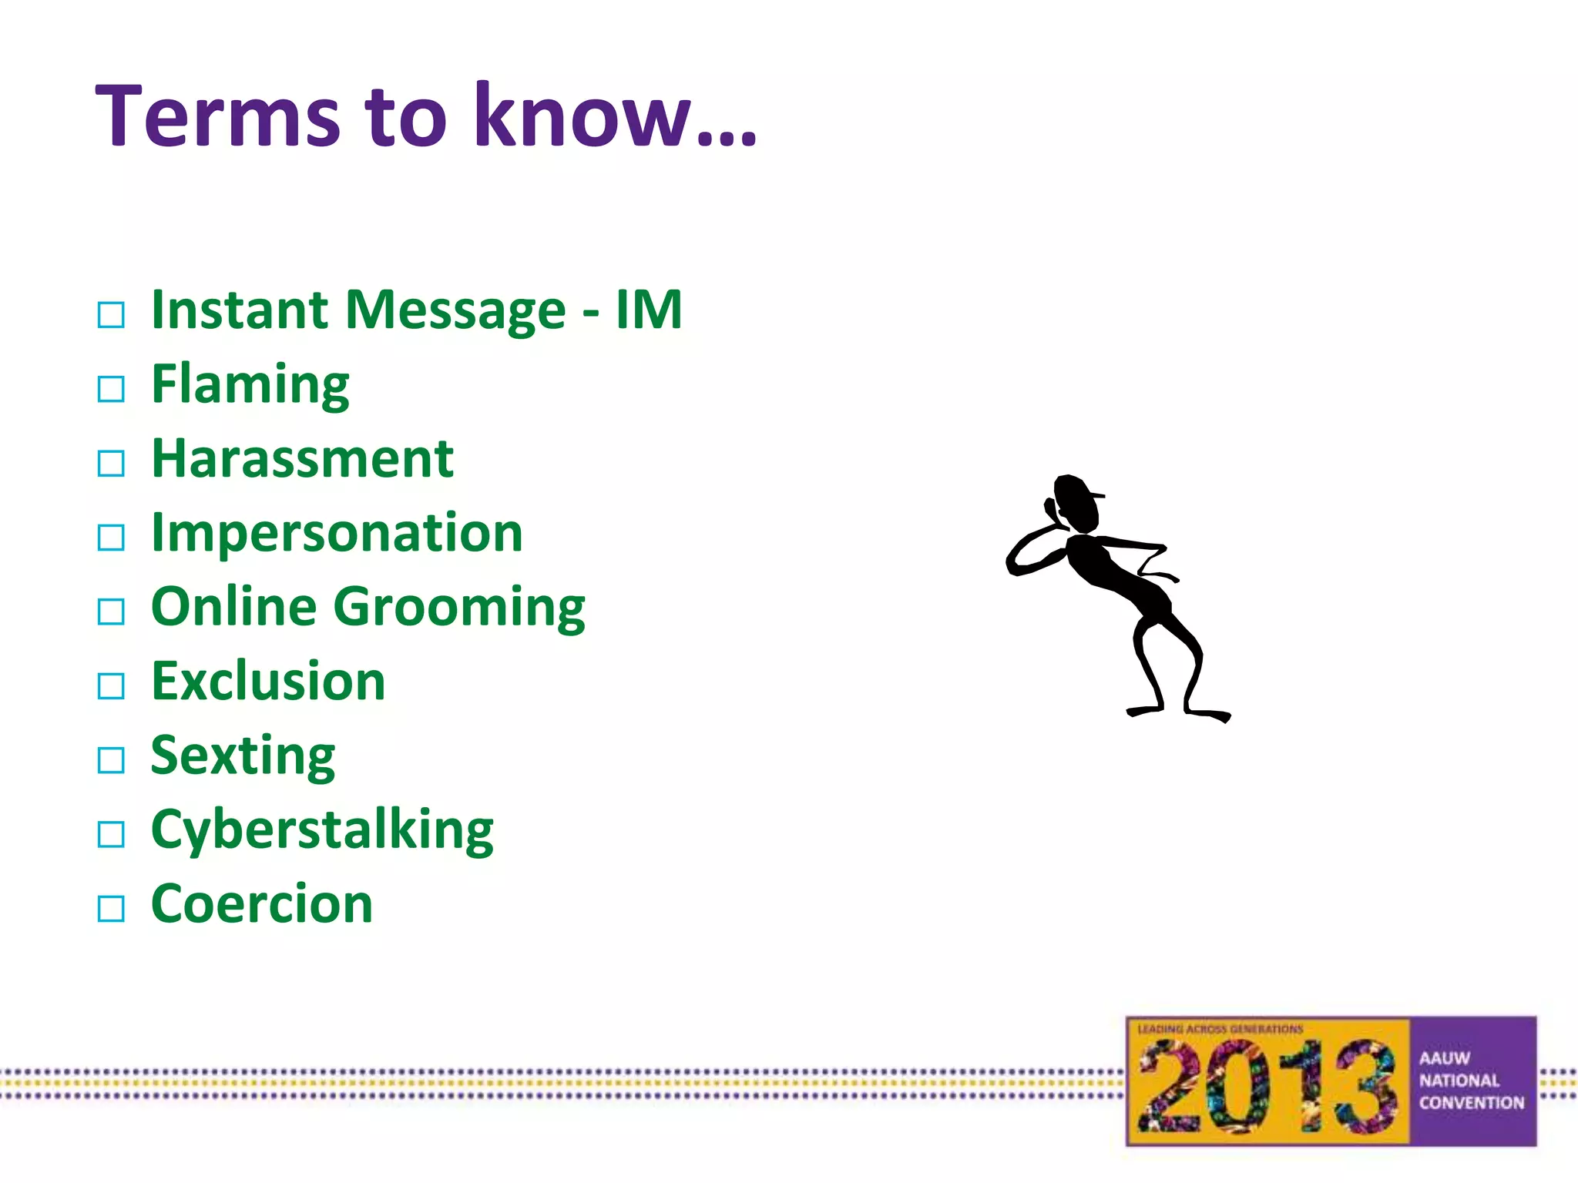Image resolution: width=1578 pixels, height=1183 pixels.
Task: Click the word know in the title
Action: [582, 116]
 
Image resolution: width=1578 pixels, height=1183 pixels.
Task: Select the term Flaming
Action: [250, 384]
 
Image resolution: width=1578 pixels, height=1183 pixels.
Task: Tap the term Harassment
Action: [302, 459]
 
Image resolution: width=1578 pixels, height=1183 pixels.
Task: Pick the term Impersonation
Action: [337, 533]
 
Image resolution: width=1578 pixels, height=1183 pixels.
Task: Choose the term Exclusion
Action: [268, 682]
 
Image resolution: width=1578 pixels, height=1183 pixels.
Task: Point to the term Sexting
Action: [243, 756]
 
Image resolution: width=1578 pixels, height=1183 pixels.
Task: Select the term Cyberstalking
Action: [322, 830]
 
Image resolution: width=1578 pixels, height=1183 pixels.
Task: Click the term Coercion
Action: [262, 904]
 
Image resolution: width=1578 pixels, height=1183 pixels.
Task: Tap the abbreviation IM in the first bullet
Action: [649, 310]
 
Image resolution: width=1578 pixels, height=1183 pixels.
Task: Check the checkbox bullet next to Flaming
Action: [111, 389]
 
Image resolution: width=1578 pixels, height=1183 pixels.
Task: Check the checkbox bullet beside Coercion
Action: [111, 909]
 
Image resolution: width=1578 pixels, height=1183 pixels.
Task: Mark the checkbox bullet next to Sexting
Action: [111, 760]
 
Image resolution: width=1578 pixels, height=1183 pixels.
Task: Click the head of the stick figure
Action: [1076, 503]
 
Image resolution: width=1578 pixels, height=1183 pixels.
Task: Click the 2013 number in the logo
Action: [1267, 1087]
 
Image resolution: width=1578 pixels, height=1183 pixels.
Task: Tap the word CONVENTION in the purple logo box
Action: [1472, 1103]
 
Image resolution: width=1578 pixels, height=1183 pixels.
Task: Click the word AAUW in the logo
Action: [1445, 1058]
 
